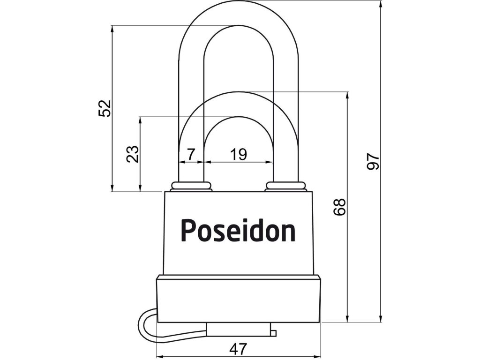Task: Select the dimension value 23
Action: [133, 154]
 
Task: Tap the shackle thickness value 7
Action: [190, 153]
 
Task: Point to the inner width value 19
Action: [239, 153]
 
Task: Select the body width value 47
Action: [238, 349]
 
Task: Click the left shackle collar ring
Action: [191, 186]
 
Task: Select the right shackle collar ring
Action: [285, 186]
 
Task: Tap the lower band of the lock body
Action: [239, 300]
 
